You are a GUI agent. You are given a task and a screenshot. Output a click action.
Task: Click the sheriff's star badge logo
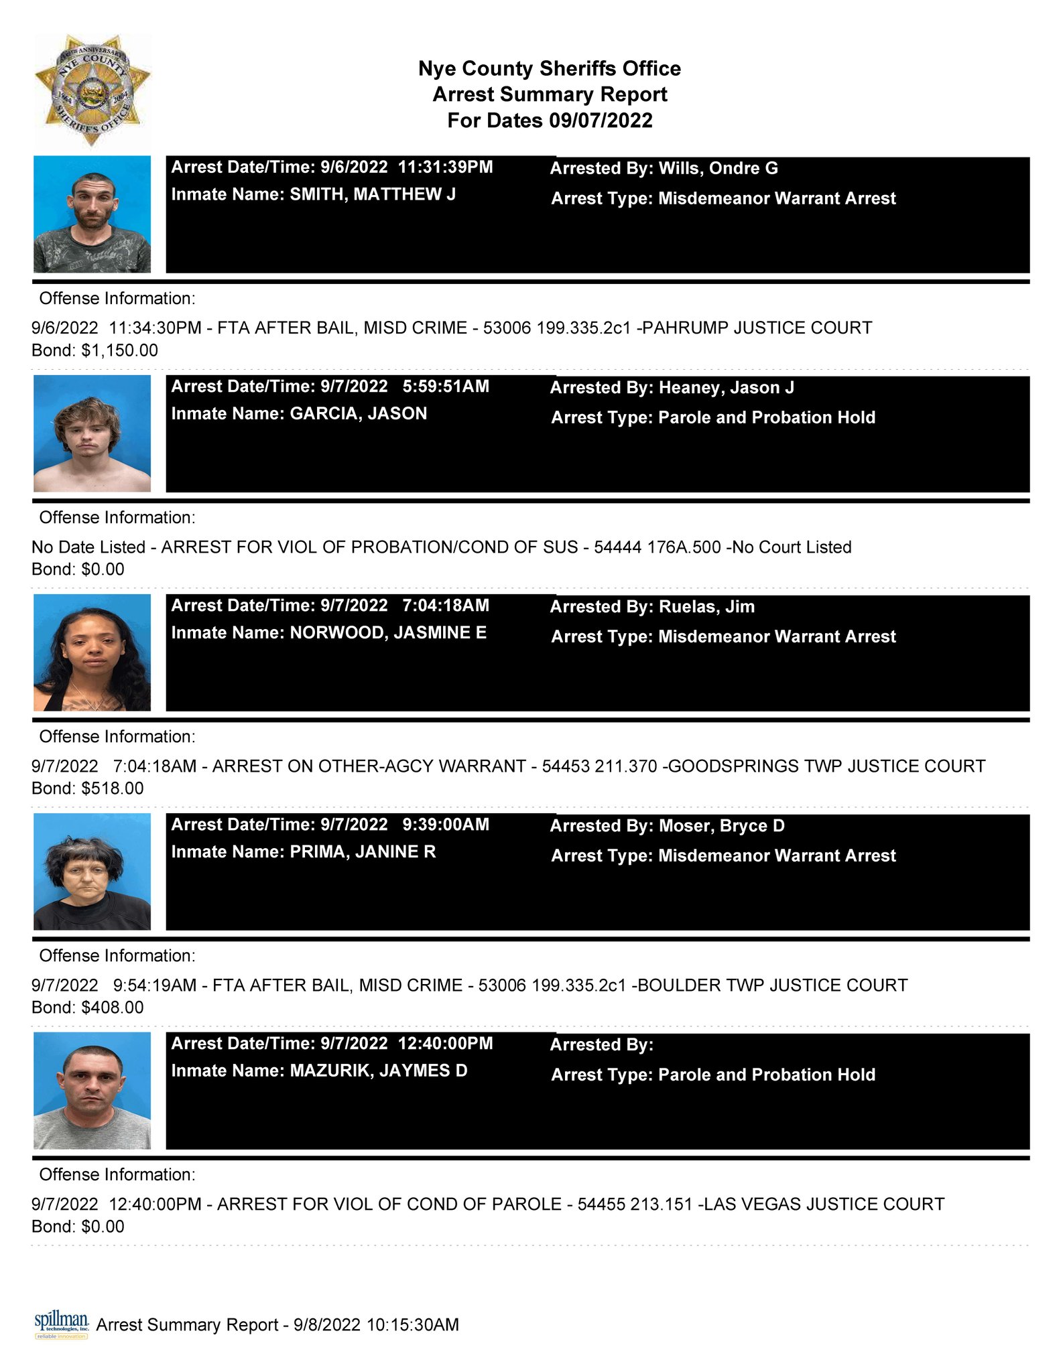coord(92,90)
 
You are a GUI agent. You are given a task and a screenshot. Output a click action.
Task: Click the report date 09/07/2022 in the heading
coord(601,121)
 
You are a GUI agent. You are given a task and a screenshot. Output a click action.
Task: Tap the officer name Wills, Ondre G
coord(718,168)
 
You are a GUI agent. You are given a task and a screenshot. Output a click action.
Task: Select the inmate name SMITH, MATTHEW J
coord(372,194)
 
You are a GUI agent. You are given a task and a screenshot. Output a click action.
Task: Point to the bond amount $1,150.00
coord(119,350)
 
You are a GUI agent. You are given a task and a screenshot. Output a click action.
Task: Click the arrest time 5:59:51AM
coord(446,387)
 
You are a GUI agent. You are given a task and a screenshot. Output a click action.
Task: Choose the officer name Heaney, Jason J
coord(726,388)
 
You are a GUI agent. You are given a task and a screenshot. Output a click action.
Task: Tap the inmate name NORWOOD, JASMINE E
coord(387,632)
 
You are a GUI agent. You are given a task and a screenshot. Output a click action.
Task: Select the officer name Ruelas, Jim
coord(706,607)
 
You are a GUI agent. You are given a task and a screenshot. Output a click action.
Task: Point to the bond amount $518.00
coord(112,788)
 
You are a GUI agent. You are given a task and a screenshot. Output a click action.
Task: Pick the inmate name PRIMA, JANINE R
coord(362,851)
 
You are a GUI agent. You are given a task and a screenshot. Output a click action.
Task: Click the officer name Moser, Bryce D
coord(721,826)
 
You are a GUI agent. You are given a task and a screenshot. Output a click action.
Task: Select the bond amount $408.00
coord(112,1008)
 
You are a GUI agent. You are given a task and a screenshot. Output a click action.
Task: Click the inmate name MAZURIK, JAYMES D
coord(378,1071)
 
